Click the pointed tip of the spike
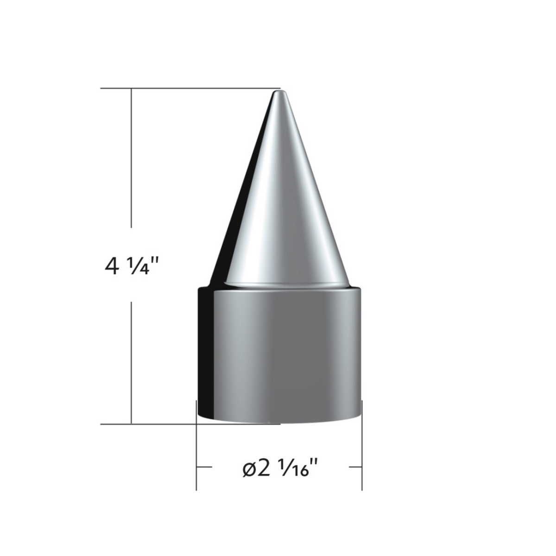tap(279, 93)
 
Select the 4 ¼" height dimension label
tap(132, 266)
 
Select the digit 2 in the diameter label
tap(263, 468)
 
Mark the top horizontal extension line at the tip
tap(185, 88)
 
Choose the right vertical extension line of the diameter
tap(362, 445)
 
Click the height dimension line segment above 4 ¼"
tap(132, 158)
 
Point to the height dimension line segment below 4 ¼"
tap(132, 361)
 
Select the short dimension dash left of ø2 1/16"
tap(204, 467)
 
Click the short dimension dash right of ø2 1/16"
tap(355, 467)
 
